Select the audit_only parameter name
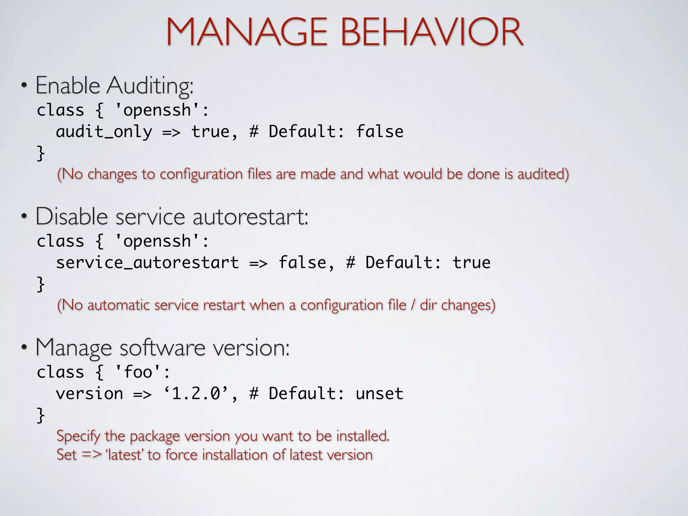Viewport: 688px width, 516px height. (x=104, y=131)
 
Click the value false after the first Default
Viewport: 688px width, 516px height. (x=380, y=131)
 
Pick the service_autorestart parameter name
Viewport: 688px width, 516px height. (x=147, y=262)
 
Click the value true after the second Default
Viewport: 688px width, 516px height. (x=471, y=262)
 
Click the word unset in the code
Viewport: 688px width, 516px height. (x=380, y=393)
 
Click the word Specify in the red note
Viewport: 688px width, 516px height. (x=78, y=436)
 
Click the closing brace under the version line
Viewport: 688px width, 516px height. (x=40, y=415)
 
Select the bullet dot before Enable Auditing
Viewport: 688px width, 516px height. (x=24, y=85)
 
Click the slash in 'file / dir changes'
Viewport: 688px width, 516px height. (x=413, y=305)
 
